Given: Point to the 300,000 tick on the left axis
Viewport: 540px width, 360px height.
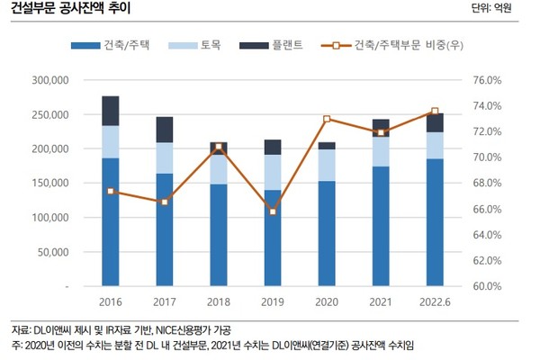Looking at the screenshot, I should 51,80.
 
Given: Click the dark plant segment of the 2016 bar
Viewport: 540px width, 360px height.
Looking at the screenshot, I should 111,110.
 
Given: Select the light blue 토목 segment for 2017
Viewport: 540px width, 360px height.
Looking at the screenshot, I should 165,157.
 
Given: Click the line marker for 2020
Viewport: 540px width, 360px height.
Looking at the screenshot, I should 327,119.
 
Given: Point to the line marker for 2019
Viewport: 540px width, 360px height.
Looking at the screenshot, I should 273,211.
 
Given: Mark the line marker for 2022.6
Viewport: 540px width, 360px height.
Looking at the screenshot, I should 435,112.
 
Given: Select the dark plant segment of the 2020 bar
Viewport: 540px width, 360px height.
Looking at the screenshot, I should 327,146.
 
